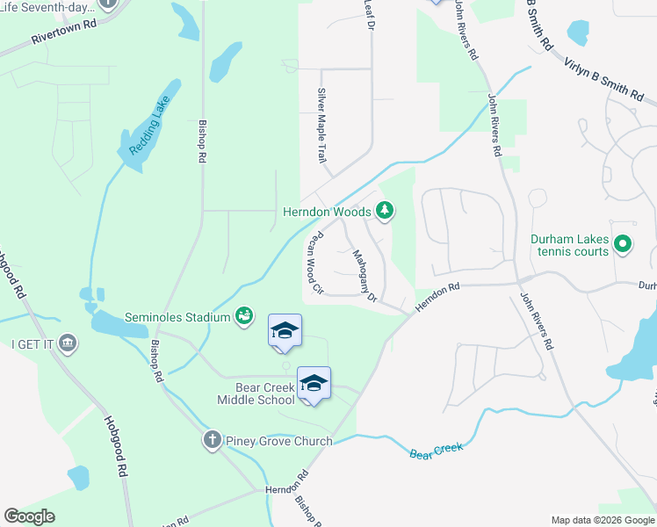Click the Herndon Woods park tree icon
384,211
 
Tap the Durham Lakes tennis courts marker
623,243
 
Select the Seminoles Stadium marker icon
245,316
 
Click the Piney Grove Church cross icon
212,440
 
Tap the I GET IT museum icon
67,344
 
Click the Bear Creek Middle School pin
314,385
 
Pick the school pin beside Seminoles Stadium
284,332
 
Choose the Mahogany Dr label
365,277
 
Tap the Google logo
30,516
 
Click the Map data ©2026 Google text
603,520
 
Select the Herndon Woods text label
327,211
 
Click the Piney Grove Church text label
278,441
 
